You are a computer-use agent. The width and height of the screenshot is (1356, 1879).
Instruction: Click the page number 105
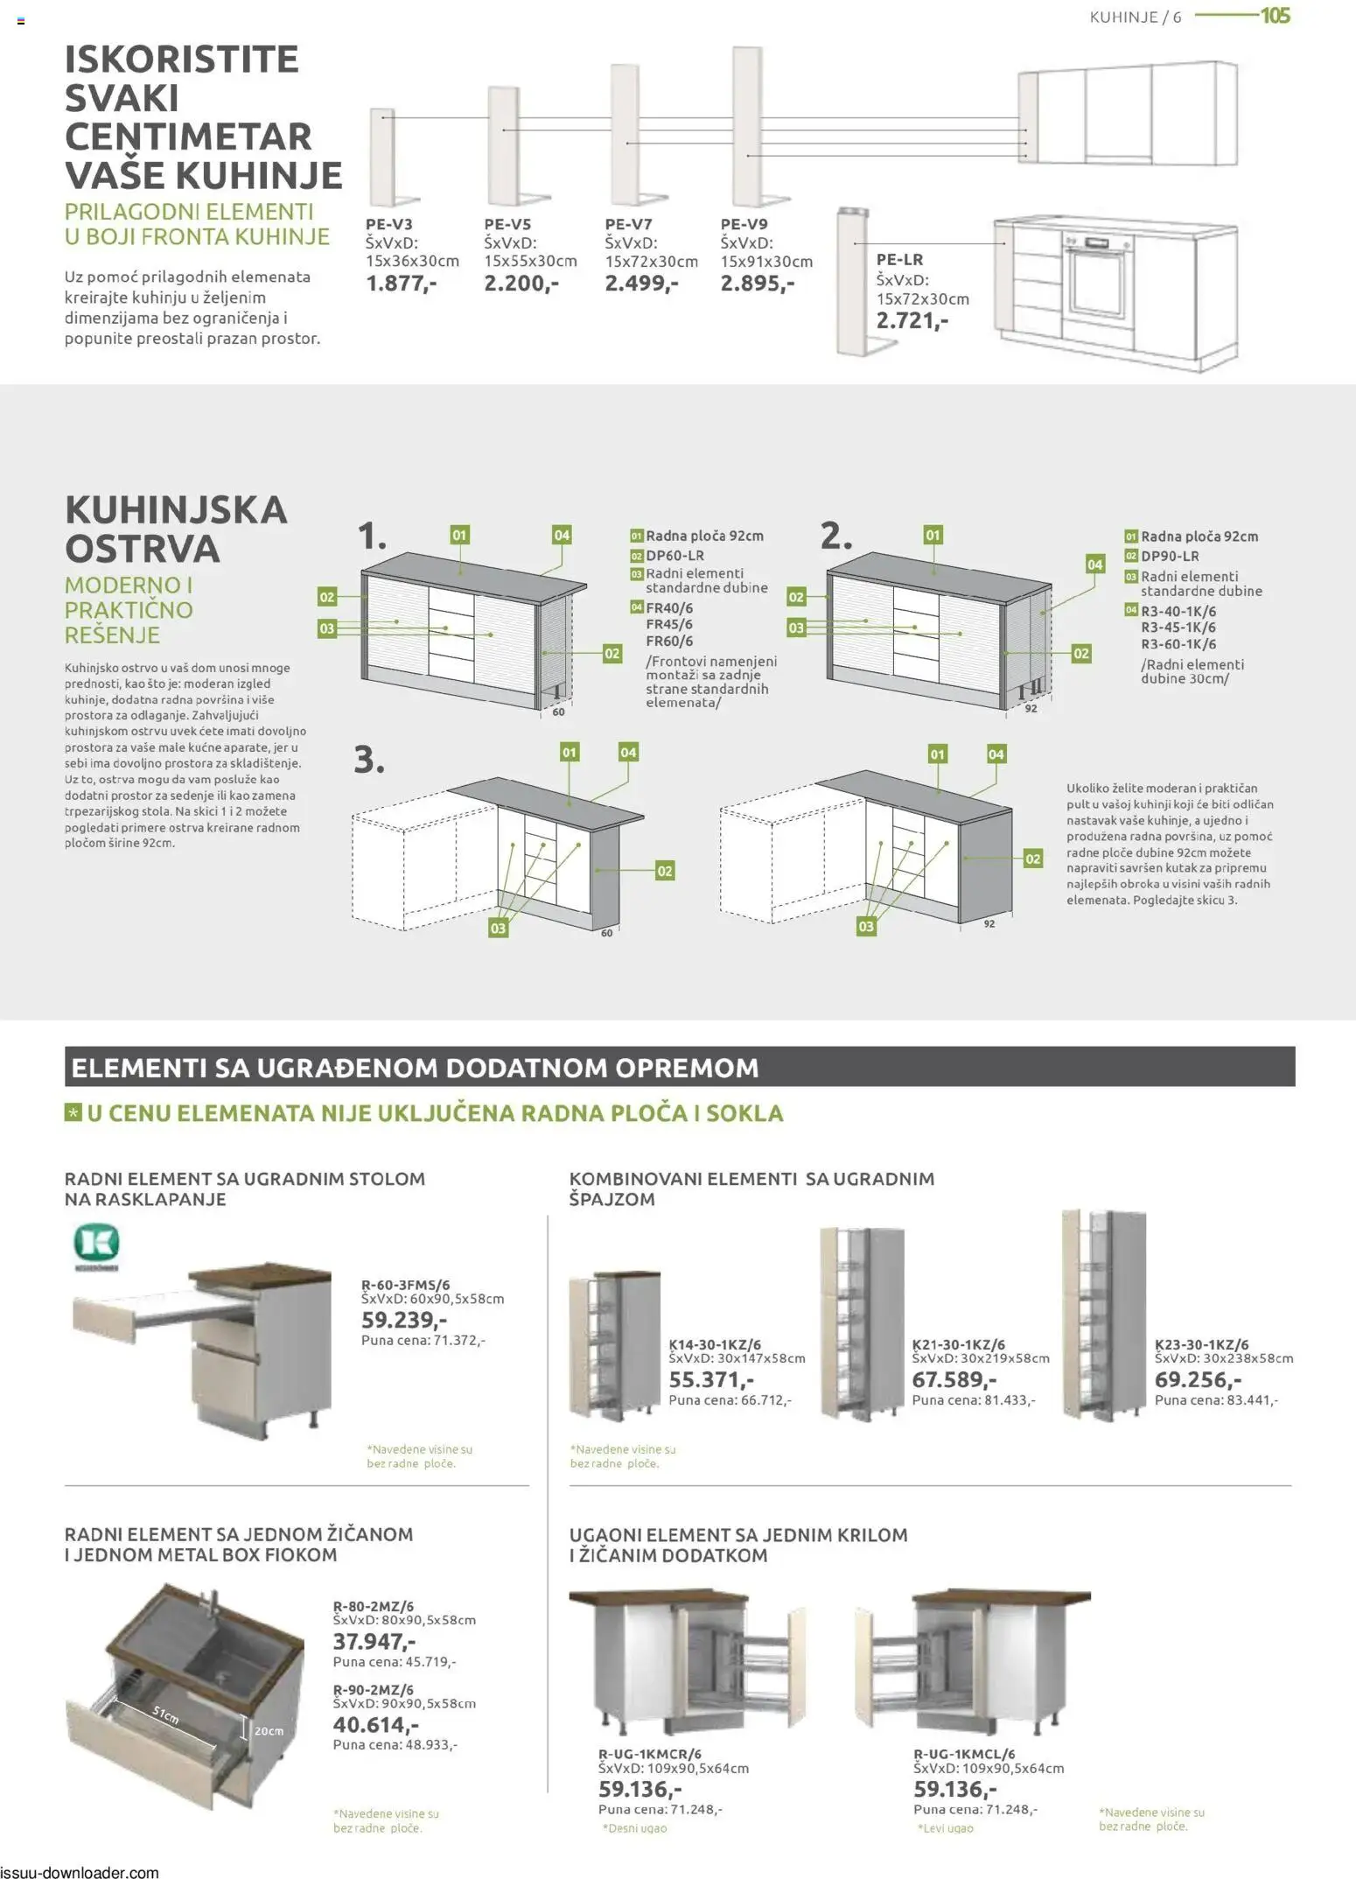(1275, 16)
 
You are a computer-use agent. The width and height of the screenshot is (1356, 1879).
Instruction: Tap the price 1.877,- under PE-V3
(401, 284)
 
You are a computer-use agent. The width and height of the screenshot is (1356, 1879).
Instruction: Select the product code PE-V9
(744, 224)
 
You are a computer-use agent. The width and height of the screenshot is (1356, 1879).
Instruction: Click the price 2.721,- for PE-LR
(912, 320)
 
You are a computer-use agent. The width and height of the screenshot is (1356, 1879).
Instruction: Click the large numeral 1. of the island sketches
(372, 536)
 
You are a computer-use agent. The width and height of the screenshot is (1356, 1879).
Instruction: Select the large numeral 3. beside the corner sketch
(368, 759)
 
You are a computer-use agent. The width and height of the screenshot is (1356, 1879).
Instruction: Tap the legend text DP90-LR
(1169, 557)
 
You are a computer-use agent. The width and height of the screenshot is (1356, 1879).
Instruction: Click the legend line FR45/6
(668, 624)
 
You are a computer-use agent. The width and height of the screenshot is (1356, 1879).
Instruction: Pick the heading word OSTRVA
(142, 549)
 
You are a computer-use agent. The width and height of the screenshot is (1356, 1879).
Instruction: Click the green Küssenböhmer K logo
(95, 1243)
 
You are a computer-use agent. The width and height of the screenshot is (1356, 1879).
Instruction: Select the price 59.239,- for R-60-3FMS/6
(403, 1320)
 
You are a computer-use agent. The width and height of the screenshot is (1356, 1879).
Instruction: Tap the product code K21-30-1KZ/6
(958, 1344)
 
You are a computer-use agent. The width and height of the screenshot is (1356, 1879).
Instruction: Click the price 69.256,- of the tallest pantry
(1198, 1379)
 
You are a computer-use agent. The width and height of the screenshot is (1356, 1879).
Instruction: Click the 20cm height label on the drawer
(269, 1731)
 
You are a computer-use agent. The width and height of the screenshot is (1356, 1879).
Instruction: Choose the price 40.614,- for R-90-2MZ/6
(375, 1724)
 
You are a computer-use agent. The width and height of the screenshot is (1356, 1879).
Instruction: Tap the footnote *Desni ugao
(634, 1828)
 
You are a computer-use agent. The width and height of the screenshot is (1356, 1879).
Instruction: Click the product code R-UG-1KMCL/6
(964, 1754)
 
